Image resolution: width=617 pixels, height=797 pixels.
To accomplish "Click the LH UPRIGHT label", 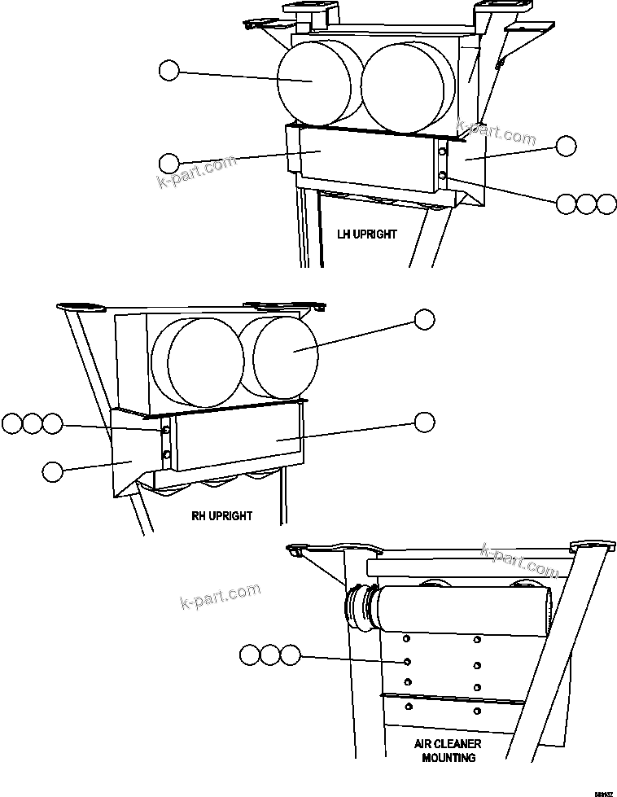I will coord(367,234).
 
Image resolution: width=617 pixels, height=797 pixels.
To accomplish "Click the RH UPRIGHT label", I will coord(221,516).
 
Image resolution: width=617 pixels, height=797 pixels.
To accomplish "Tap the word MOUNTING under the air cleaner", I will coord(449,758).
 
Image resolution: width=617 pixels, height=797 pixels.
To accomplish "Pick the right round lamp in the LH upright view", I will coord(407,88).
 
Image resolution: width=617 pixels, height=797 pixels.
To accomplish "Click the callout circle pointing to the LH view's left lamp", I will coord(168,71).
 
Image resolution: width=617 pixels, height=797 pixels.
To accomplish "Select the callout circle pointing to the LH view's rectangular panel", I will coord(168,161).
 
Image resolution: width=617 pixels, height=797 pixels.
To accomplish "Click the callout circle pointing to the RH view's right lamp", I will coord(424,319).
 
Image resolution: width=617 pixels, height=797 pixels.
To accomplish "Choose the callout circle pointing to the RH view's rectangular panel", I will coord(424,422).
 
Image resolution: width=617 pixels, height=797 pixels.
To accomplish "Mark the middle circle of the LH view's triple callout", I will coord(586,204).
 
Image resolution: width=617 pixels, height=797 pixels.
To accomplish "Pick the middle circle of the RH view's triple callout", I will coord(32,423).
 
